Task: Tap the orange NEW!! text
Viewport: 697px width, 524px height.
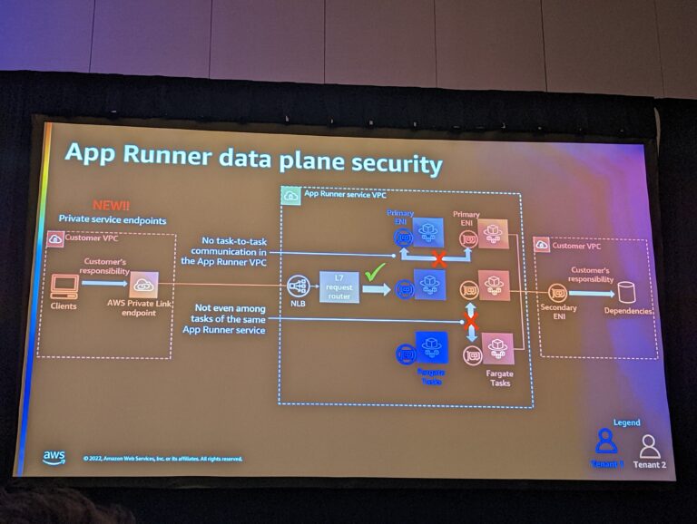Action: pos(113,206)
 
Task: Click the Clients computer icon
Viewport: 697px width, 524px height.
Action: pos(64,286)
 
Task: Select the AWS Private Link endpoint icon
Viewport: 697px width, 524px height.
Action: pos(144,285)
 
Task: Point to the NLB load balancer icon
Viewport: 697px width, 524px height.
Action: pos(298,286)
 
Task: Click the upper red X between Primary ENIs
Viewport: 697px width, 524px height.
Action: pos(439,258)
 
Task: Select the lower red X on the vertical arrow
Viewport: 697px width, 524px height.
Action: pos(471,321)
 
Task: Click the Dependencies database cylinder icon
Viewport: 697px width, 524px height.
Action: pos(627,293)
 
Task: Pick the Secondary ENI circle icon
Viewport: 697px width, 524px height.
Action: pos(558,293)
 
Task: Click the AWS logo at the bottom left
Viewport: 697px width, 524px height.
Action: pos(54,457)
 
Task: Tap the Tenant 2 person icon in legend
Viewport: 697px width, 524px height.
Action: pos(650,446)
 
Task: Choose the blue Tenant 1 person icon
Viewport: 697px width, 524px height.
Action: pos(606,442)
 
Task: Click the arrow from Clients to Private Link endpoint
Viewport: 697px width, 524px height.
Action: pos(104,284)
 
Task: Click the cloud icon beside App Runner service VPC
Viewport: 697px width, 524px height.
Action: pos(291,195)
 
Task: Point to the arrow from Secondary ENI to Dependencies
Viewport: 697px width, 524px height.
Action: pos(592,293)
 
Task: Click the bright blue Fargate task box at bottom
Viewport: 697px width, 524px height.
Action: pos(431,347)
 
